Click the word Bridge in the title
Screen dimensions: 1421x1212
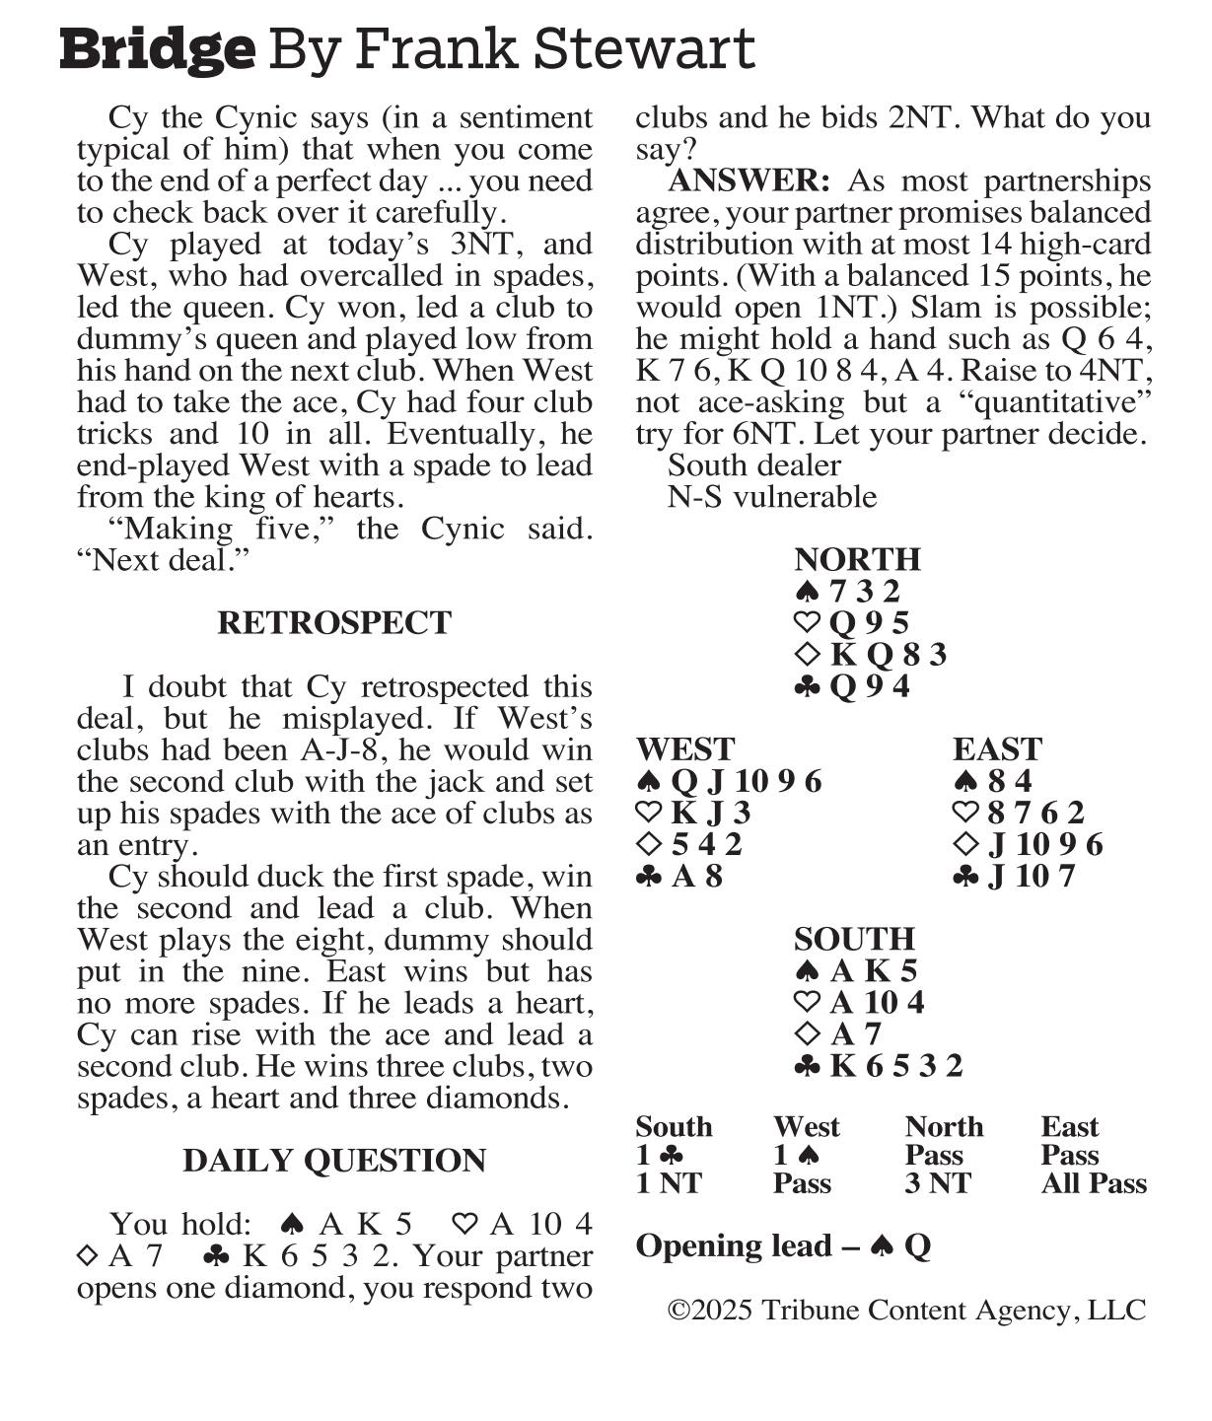[x=157, y=49]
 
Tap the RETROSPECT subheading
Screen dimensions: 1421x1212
[x=334, y=623]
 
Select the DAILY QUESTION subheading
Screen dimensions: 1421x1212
[x=334, y=1161]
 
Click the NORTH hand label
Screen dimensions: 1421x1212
[x=857, y=559]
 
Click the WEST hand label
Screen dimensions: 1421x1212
[x=685, y=749]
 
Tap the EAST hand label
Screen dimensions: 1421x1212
[x=997, y=749]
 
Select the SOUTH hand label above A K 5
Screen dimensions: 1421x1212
[x=854, y=939]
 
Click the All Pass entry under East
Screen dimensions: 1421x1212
[x=1094, y=1183]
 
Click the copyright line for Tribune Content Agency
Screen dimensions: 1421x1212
[x=906, y=1311]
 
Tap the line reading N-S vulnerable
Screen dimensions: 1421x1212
[x=771, y=497]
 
